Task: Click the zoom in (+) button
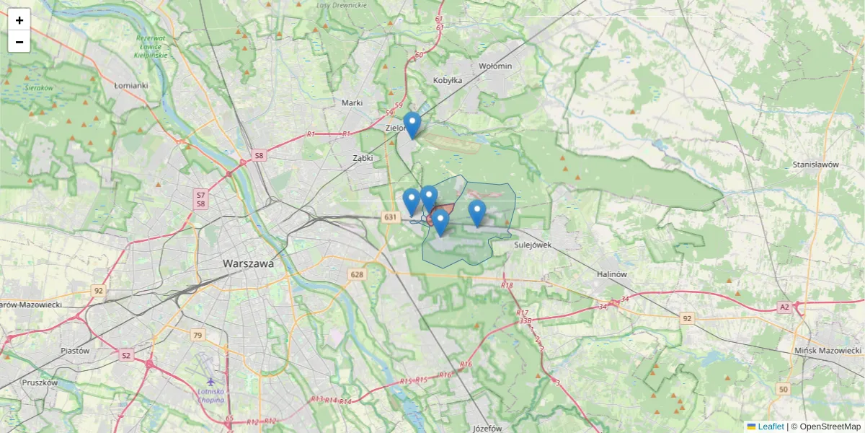[x=19, y=20]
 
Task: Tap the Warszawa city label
[x=248, y=264]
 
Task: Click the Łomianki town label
[x=130, y=85]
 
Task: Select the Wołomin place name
[x=495, y=66]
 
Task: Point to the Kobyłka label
[x=447, y=81]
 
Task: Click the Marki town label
[x=352, y=103]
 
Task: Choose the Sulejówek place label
[x=533, y=245]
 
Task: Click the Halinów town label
[x=613, y=274]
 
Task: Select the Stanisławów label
[x=815, y=165]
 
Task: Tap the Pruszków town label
[x=40, y=383]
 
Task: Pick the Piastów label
[x=75, y=351]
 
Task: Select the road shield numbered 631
[x=391, y=217]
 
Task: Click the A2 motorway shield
[x=784, y=307]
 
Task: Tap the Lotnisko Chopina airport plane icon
[x=210, y=381]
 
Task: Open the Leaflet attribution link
[x=770, y=427]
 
